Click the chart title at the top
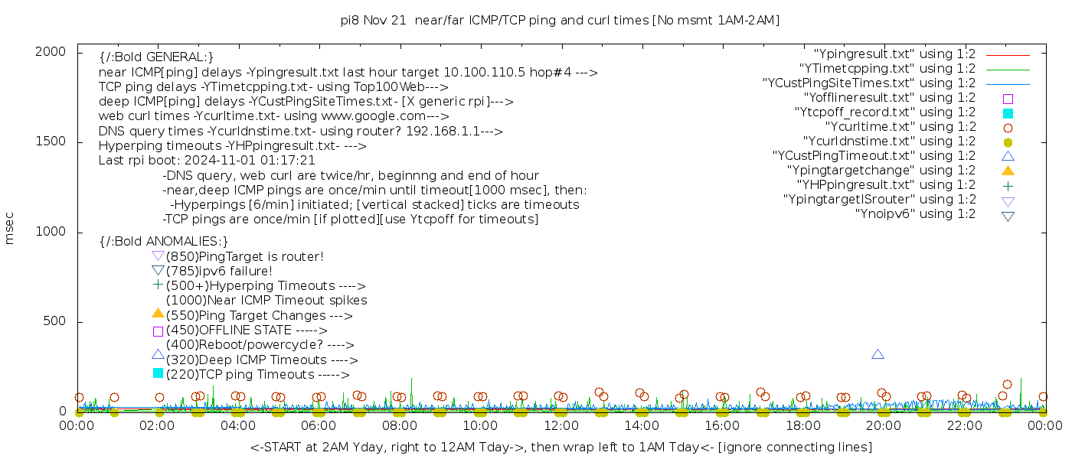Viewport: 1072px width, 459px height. [560, 21]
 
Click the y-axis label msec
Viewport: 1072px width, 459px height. [10, 228]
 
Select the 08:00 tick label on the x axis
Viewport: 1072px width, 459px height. [399, 426]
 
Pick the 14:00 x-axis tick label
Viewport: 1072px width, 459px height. [641, 426]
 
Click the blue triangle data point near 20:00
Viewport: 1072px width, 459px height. [878, 354]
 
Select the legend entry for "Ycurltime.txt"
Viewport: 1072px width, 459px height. [900, 127]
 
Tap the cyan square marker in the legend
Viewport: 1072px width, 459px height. [1008, 113]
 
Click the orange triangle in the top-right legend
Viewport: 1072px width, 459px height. [1008, 171]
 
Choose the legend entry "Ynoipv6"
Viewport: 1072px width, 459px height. [915, 214]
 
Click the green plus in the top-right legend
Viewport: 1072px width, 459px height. [1008, 185]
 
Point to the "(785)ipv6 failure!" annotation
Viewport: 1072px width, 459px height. [219, 272]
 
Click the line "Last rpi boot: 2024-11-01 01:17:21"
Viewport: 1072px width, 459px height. [207, 161]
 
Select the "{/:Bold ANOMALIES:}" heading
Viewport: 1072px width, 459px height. [164, 242]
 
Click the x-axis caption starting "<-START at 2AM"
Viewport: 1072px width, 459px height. [561, 447]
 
